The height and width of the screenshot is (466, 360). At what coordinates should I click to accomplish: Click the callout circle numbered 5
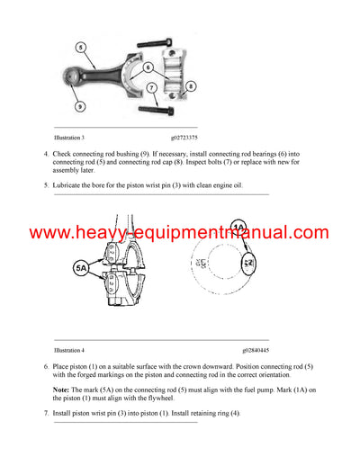tap(79, 46)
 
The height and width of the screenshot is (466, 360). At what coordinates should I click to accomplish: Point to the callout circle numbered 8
tap(192, 86)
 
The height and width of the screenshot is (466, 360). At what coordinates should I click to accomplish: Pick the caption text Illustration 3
tap(69, 138)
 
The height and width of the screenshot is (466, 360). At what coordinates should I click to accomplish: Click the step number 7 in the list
tap(46, 413)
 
